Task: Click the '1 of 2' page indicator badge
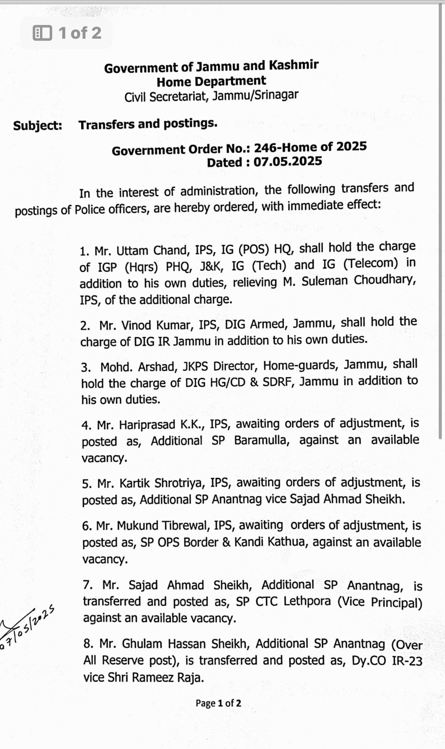(x=66, y=33)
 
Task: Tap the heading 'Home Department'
(x=211, y=81)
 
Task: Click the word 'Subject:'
(x=37, y=125)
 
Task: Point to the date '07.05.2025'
(x=288, y=162)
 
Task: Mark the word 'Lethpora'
(x=307, y=601)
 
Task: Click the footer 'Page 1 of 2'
(x=218, y=703)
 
